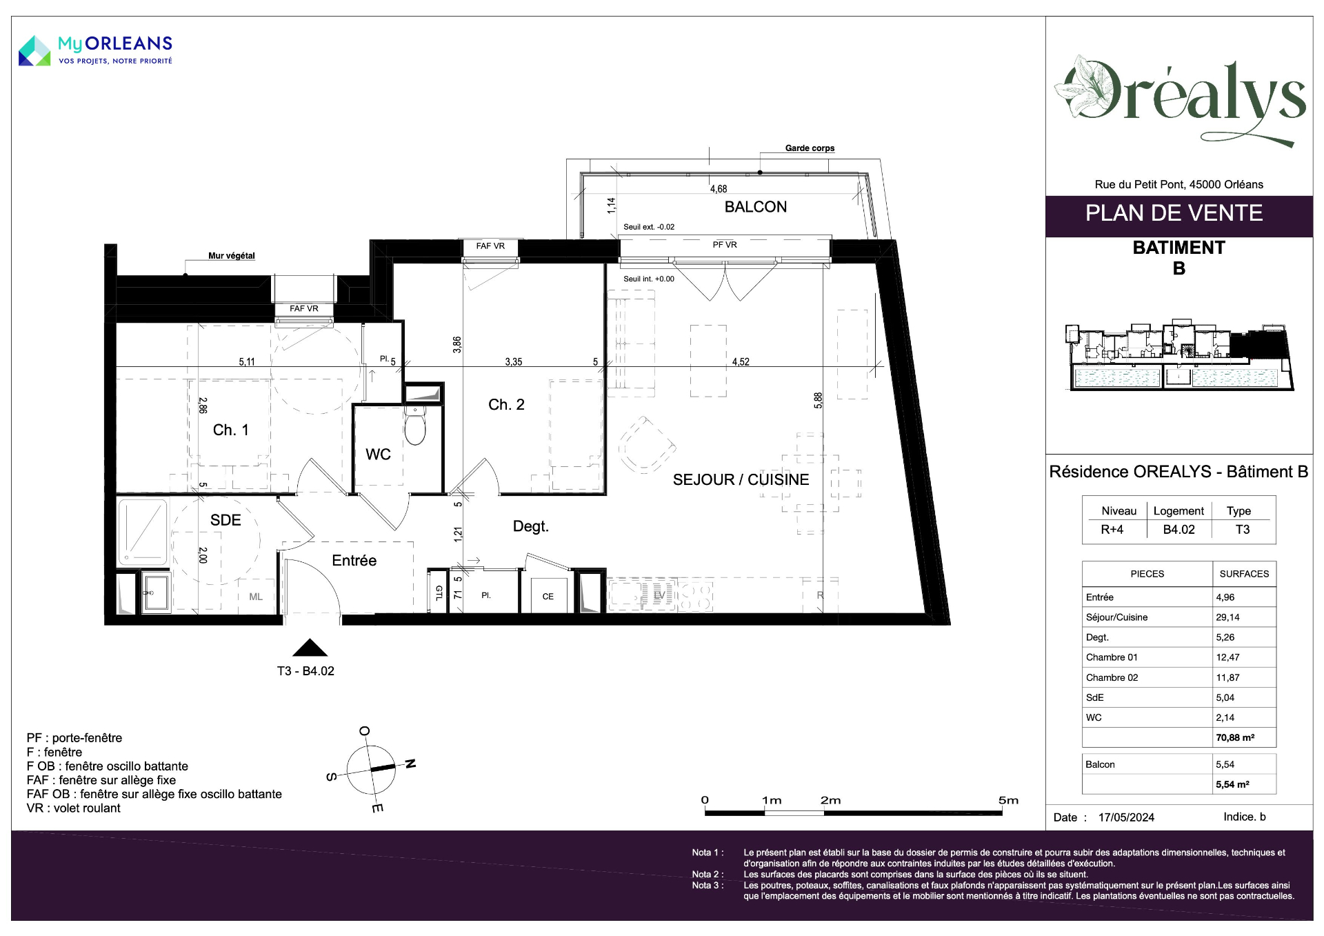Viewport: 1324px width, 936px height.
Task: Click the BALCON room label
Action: (755, 207)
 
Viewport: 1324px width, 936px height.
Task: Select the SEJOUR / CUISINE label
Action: (741, 479)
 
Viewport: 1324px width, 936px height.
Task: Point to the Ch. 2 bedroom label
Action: (506, 405)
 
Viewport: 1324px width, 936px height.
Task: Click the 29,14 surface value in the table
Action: (1227, 617)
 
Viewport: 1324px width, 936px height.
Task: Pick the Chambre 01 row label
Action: (1112, 657)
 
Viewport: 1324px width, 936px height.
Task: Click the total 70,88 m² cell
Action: (1235, 737)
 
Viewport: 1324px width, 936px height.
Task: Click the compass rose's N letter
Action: (410, 764)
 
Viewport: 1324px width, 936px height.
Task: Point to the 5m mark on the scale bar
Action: (1008, 800)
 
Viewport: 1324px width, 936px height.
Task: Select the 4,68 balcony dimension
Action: (718, 189)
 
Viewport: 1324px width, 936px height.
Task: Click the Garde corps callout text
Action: (810, 148)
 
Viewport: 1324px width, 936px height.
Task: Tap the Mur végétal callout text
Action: (232, 256)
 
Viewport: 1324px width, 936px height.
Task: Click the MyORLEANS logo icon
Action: (34, 51)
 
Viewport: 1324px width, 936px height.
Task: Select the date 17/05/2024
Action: (1126, 817)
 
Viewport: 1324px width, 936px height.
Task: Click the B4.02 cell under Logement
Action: (1178, 530)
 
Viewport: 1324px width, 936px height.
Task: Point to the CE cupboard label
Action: (548, 597)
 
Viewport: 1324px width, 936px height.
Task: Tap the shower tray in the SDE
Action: (143, 532)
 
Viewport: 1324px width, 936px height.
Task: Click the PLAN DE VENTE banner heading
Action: (1174, 213)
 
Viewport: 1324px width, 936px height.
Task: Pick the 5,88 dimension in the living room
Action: (818, 401)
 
